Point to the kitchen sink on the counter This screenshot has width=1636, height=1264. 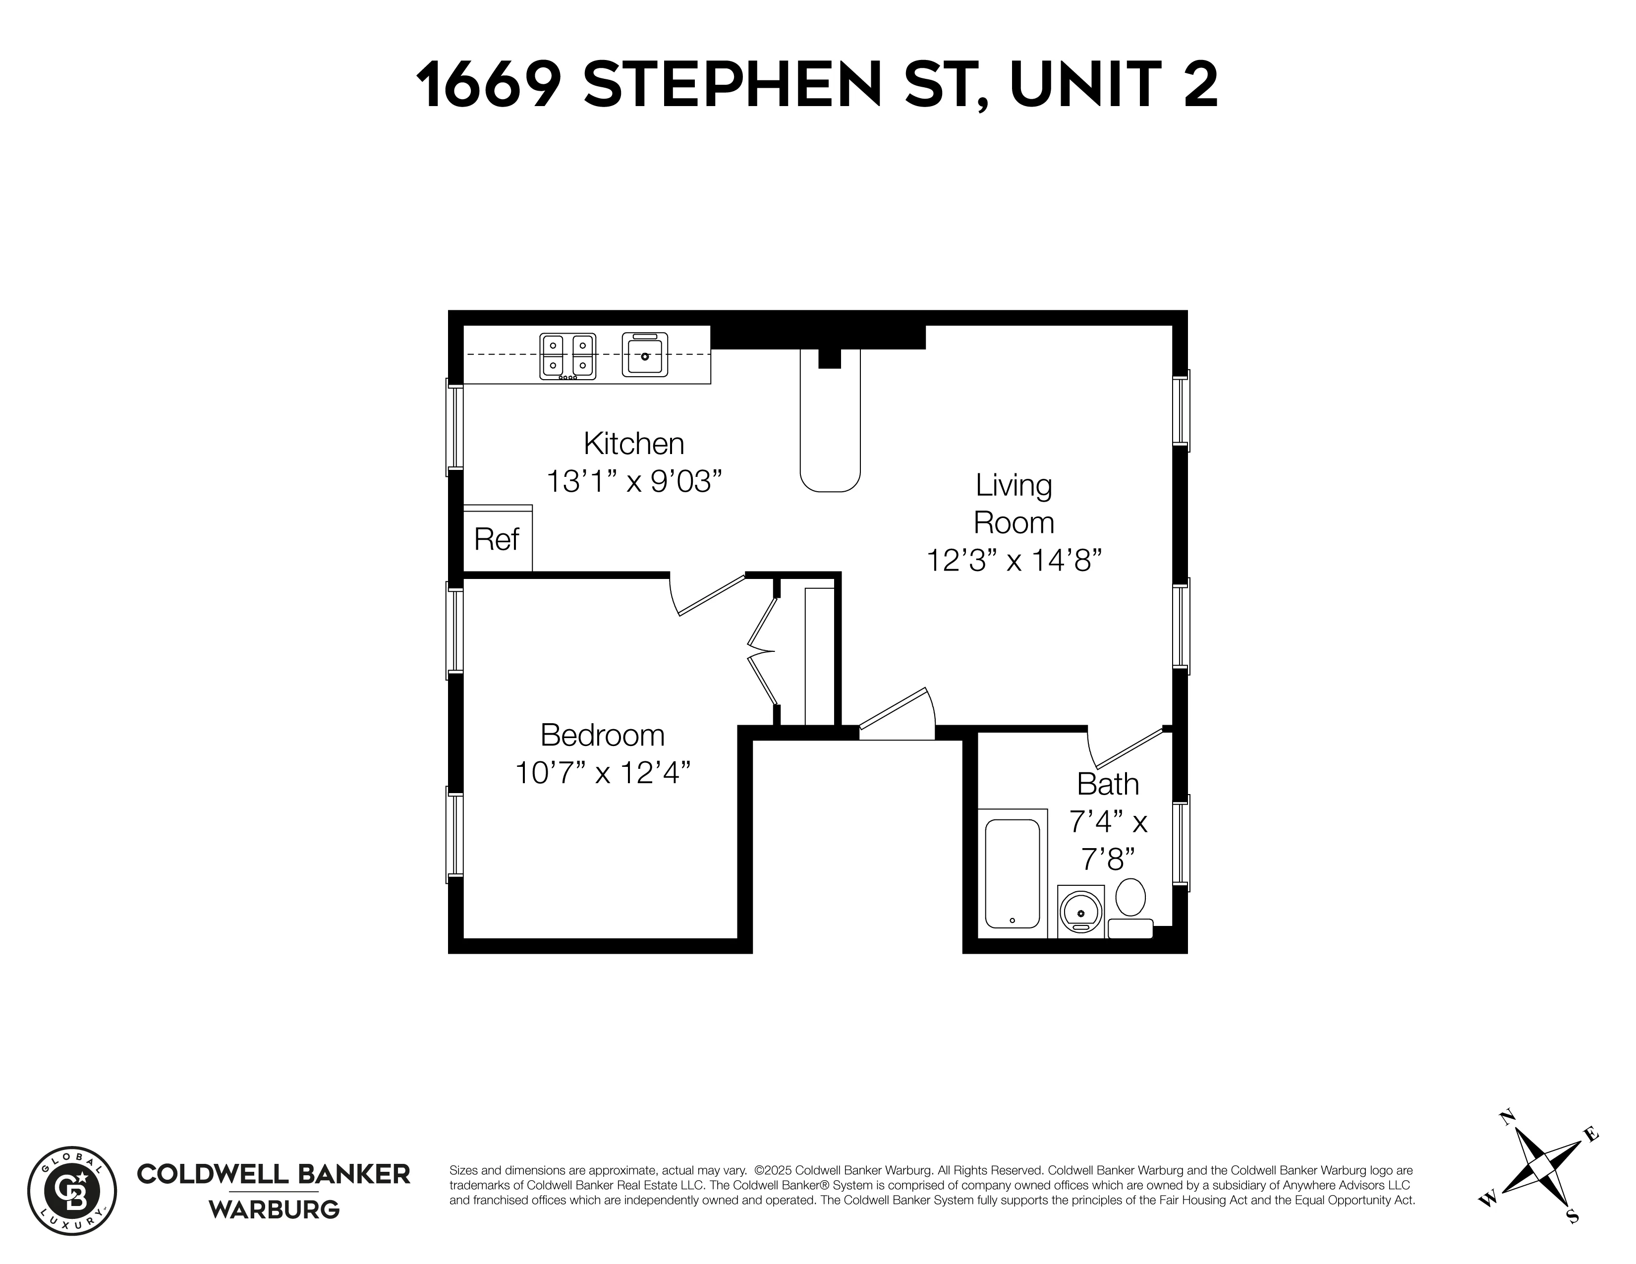644,355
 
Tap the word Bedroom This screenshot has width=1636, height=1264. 602,735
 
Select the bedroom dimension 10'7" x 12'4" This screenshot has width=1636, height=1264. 602,772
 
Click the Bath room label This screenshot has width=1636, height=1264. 1107,785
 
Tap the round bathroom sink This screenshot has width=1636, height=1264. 1080,913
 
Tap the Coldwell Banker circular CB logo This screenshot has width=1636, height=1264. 72,1191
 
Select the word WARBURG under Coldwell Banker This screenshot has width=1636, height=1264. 274,1209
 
